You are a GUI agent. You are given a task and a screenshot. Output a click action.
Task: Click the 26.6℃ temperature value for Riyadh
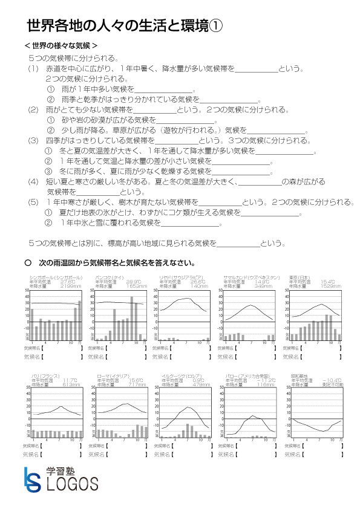point(198,281)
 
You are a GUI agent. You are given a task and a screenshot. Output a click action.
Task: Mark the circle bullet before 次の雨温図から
point(27,263)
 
